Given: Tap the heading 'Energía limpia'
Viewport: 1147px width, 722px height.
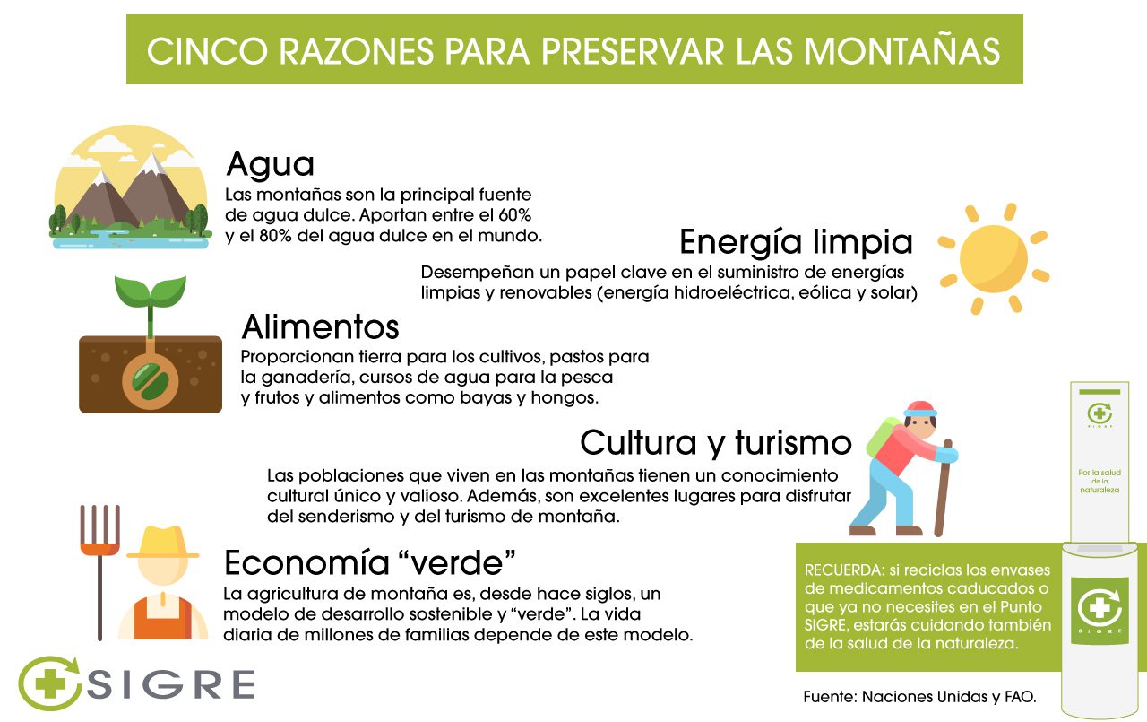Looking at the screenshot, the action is tap(796, 242).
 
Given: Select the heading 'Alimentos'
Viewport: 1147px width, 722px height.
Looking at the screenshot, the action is tap(320, 327).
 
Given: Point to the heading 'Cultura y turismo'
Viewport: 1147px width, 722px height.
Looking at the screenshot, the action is tap(716, 443).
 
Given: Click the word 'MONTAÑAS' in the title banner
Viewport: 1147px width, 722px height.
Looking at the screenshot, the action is tap(901, 51).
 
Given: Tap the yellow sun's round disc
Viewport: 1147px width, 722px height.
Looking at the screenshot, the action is tap(994, 259).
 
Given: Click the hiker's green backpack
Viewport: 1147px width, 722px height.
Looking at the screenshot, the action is tap(882, 437).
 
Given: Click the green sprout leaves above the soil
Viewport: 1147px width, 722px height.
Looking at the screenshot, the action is tap(151, 291).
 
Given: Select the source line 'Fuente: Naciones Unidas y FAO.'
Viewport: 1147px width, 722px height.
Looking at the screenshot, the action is tap(919, 697).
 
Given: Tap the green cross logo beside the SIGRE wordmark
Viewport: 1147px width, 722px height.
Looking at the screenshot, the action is tap(49, 683).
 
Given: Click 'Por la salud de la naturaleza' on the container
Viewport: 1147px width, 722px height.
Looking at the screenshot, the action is tap(1100, 481).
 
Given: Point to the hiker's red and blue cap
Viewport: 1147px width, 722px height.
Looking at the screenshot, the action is tap(920, 408).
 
